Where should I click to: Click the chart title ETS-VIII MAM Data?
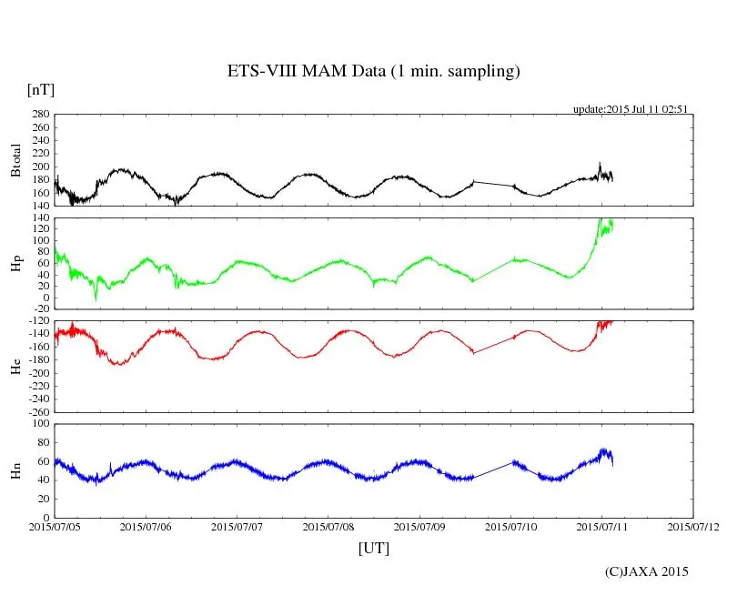click(x=373, y=72)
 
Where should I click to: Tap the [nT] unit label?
click(x=41, y=89)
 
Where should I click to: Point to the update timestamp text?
click(x=630, y=109)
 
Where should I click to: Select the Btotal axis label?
click(x=15, y=160)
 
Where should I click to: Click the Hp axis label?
click(x=15, y=264)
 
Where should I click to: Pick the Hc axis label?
click(x=15, y=366)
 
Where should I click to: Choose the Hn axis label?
click(x=15, y=470)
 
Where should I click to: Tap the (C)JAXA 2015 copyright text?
click(x=647, y=571)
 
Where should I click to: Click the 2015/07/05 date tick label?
click(x=55, y=526)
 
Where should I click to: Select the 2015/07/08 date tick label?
click(x=328, y=526)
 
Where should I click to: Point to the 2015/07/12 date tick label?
click(x=693, y=526)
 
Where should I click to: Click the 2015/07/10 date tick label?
click(x=511, y=526)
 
